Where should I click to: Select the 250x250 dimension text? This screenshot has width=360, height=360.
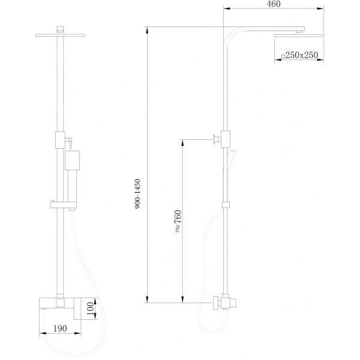coord(304,55)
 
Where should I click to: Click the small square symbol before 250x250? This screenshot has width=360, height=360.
coord(283,56)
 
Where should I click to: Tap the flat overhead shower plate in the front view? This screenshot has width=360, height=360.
coord(59,35)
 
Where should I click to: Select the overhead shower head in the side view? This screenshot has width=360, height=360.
coord(299,37)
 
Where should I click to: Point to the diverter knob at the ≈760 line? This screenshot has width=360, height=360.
coord(214,140)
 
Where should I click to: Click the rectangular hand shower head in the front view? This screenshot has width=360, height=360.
coord(71,161)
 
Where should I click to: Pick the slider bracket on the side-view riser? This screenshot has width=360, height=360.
coord(226,205)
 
